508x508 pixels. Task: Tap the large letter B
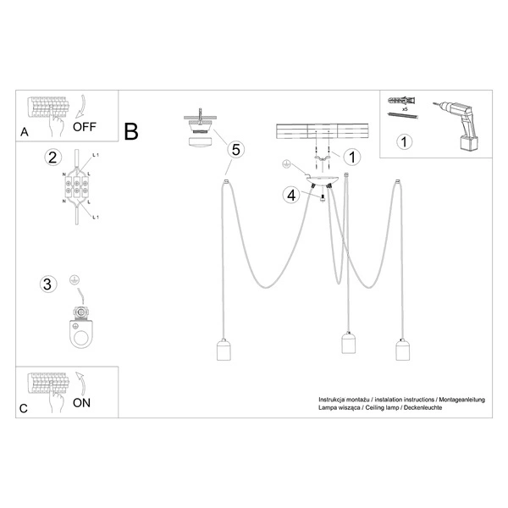pos(131,132)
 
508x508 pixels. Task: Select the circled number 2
pos(52,157)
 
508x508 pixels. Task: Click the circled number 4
pos(290,195)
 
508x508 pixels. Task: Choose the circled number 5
pos(236,149)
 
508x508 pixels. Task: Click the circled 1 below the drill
pos(406,141)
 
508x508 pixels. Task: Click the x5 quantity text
pos(406,111)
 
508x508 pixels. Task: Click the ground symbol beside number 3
pos(74,279)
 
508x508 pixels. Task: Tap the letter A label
pos(24,132)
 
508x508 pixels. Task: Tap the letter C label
pos(23,408)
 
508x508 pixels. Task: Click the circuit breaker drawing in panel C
pos(46,383)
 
